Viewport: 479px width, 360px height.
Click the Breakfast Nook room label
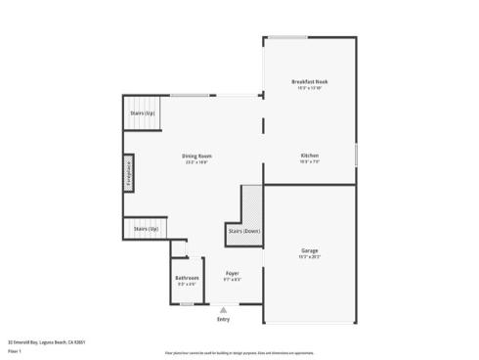click(310, 81)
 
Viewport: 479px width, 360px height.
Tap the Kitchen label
click(309, 156)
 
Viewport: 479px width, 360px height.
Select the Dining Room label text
click(196, 156)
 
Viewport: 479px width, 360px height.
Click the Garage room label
click(309, 250)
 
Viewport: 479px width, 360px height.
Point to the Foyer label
click(232, 273)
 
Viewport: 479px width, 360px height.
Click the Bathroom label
click(187, 278)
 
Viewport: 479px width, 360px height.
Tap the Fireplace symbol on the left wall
click(127, 173)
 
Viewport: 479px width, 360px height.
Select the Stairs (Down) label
click(243, 231)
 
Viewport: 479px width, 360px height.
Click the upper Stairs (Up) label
click(143, 112)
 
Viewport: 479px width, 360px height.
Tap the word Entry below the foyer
click(223, 319)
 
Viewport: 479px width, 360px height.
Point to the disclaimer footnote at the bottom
click(239, 350)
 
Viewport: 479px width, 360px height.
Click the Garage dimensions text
click(309, 257)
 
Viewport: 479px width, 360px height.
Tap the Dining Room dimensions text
click(196, 162)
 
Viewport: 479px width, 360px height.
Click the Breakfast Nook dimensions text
click(310, 88)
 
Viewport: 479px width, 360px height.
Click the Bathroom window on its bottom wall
click(187, 304)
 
